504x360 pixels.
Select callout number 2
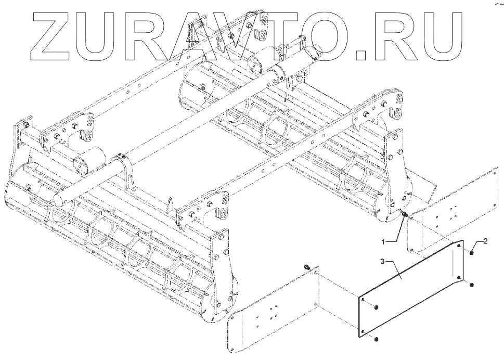485,241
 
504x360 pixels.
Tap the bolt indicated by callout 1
405,215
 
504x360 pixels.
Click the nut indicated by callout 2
470,253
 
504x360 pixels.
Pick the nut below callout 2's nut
470,285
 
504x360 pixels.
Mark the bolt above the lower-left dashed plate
308,267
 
